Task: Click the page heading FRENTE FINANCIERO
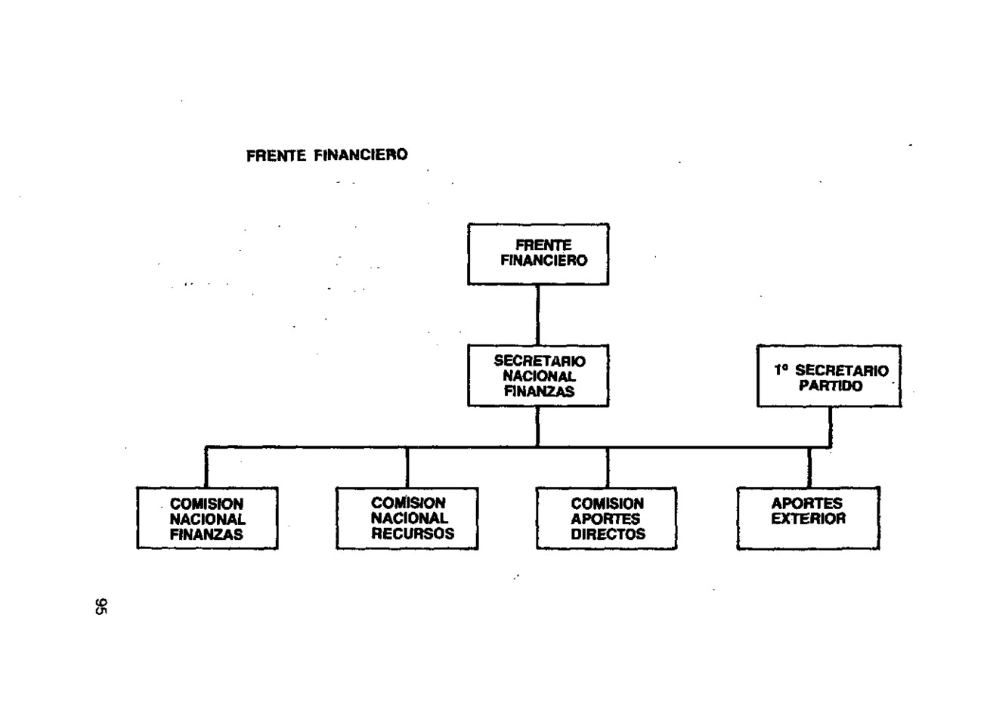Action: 327,155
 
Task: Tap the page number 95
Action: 101,607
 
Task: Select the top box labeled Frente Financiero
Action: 538,254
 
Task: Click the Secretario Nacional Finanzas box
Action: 538,375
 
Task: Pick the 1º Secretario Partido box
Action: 829,376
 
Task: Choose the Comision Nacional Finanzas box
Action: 207,517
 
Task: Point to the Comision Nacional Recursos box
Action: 407,518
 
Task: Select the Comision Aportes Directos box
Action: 607,518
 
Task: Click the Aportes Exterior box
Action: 808,518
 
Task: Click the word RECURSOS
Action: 413,533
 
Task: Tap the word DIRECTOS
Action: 608,534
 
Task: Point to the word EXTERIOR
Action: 809,519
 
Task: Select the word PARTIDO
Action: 831,386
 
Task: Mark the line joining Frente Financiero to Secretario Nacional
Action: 537,315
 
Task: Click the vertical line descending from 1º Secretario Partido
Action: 830,427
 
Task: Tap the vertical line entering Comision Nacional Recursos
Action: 407,468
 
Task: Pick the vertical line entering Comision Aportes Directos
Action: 608,468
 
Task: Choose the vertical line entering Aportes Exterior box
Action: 809,468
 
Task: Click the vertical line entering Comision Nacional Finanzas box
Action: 206,468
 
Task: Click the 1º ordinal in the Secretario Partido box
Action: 781,370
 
